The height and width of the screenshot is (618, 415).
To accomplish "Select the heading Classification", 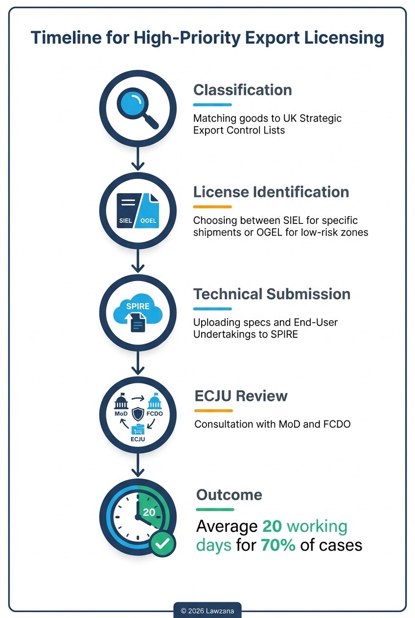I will coord(242,90).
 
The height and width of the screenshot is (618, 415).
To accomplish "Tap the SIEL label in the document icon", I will coord(125,221).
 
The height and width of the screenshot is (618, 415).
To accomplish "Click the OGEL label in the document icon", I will coord(148,221).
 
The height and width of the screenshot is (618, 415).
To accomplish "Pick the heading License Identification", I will coord(271,192).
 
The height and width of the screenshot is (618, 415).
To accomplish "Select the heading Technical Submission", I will coord(272,294).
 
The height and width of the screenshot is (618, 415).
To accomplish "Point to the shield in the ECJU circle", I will coord(138,414).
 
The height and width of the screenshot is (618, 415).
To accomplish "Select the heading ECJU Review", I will coord(241,396).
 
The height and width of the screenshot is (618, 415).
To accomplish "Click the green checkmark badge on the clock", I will coord(162,543).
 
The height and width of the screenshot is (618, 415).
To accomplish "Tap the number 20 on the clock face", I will coord(149,512).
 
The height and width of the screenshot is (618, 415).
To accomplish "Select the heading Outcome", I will coord(229,495).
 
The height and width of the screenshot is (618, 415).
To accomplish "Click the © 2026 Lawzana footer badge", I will coord(207,610).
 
